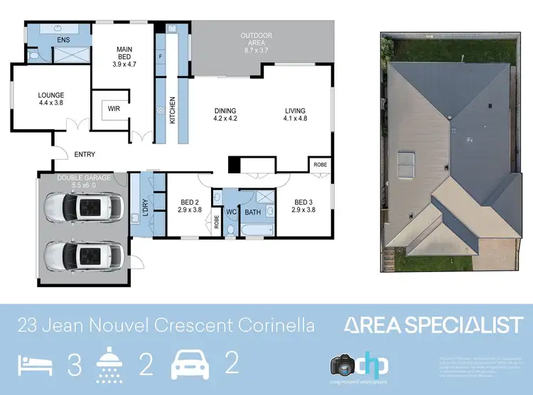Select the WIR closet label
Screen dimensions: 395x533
(114, 109)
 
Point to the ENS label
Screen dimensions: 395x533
(64, 40)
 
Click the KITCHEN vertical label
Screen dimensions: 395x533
(171, 111)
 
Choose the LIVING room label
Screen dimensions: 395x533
(295, 115)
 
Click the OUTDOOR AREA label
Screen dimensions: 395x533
(256, 40)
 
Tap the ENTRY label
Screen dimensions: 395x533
(84, 154)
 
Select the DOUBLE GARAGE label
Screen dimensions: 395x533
(84, 178)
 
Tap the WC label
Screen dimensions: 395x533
(231, 212)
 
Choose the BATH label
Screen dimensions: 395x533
(253, 212)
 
